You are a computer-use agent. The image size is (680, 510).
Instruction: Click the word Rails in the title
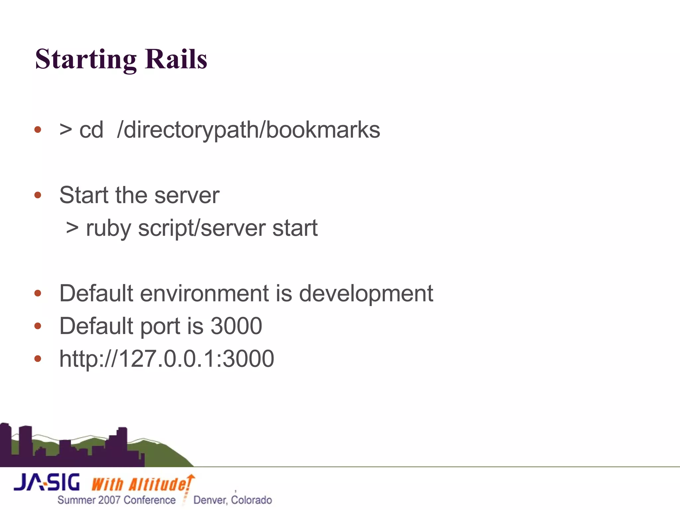[176, 59]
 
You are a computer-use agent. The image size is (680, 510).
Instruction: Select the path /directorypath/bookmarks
[248, 130]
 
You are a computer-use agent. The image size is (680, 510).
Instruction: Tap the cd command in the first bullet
[91, 130]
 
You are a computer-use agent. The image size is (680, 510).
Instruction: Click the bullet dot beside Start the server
[38, 195]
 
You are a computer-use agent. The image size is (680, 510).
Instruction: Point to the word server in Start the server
[187, 195]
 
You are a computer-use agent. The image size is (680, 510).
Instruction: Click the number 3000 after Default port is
[236, 326]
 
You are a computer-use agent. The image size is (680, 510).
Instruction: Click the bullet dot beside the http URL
[38, 359]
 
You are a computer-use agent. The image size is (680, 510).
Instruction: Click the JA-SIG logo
[47, 482]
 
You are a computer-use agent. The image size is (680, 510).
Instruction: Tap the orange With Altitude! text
[141, 484]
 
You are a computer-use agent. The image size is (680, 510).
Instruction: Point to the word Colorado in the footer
[252, 500]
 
